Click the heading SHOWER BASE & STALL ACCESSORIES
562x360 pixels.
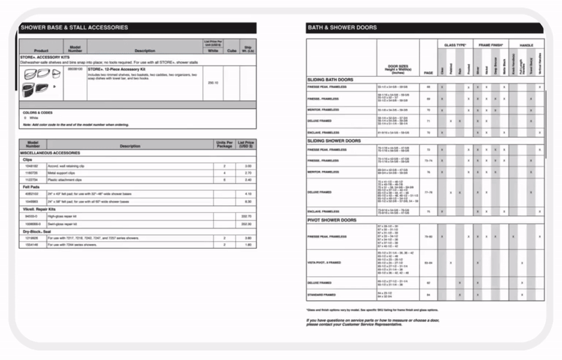pos(74,27)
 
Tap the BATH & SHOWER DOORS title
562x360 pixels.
pos(342,27)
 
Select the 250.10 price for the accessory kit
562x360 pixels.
pos(214,82)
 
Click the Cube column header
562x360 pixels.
pos(232,51)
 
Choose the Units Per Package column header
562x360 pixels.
pos(224,145)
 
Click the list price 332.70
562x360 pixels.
pos(246,217)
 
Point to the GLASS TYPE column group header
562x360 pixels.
pos(455,44)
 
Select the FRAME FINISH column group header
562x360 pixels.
pos(491,44)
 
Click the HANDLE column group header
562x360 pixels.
pos(526,44)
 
